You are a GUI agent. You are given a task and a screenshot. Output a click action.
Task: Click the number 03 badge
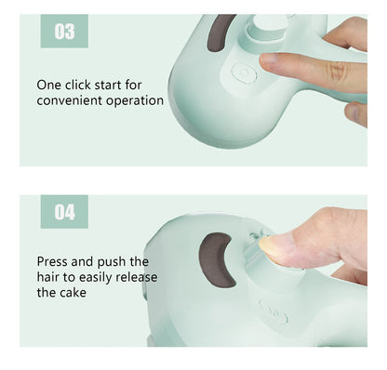[x=64, y=32]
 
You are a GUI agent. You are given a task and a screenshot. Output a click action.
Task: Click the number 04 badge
[x=64, y=212]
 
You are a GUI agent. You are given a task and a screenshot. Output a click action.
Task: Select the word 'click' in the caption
[x=84, y=85]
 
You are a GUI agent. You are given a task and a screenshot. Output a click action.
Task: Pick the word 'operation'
[x=136, y=100]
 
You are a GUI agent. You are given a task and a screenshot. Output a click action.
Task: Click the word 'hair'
[x=51, y=277]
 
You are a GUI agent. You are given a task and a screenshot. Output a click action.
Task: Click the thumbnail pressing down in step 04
[x=277, y=245]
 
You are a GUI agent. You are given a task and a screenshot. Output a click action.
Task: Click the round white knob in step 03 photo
[x=266, y=28]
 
